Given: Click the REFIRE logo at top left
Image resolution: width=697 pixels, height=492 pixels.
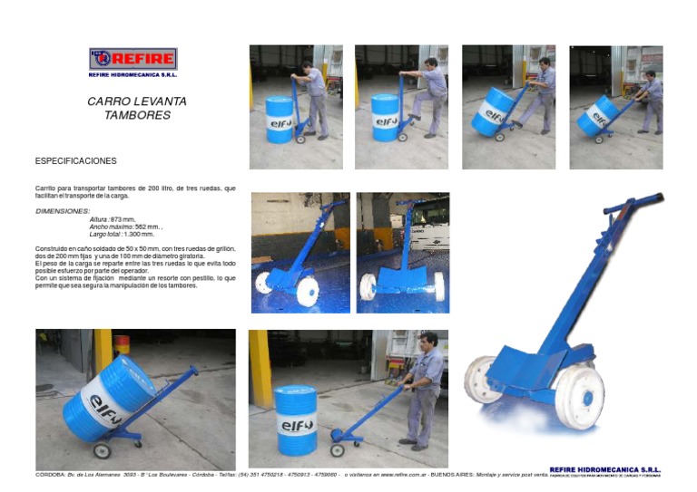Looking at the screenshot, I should coord(133,60).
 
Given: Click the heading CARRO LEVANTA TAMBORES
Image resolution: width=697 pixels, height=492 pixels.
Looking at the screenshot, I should coord(136,108).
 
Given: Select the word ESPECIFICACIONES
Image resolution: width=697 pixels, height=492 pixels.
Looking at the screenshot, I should coord(75,161).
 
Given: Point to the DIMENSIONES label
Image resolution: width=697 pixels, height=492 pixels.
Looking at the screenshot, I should coord(62,211).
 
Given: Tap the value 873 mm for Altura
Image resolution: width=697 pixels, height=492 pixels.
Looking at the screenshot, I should coord(123,219).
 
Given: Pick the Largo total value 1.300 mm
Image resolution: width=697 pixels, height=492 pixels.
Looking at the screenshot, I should coord(139,234).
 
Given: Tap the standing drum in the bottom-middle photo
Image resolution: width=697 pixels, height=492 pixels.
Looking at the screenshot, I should coord(295,419).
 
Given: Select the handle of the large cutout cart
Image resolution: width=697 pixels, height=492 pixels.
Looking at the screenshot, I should coord(633,204).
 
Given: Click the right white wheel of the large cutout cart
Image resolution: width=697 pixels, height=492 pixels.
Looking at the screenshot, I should coord(578,396).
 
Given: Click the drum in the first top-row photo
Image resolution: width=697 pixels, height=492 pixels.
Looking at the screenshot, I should coord(279,119).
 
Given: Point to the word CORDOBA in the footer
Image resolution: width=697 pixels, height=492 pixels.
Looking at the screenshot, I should coord(49,475).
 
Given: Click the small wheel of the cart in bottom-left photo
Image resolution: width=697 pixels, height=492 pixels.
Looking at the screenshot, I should coord(102,450).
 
